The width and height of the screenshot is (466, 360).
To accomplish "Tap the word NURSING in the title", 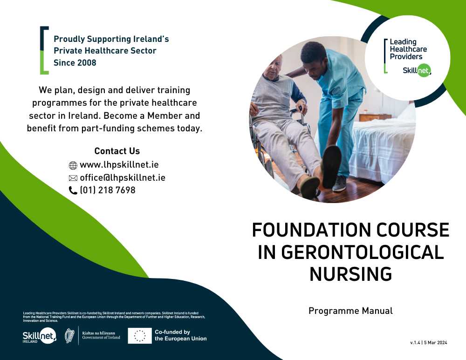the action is point(351,274).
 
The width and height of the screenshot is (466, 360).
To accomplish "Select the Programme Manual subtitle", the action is point(351,311).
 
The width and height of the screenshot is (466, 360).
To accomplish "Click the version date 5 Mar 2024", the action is point(435,342).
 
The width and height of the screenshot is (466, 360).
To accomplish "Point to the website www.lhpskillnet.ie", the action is point(119,164).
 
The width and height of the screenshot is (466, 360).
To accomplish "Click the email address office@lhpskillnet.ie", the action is point(123,177).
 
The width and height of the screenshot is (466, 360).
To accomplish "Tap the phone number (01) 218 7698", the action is point(108,190).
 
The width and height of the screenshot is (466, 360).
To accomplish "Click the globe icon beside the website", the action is point(73,165).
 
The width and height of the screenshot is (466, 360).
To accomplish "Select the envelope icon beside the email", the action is point(73,178).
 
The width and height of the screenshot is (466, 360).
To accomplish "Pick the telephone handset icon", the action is point(73,190).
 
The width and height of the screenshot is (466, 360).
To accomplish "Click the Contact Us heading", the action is point(117,151).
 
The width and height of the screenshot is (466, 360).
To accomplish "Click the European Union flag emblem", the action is point(139,336).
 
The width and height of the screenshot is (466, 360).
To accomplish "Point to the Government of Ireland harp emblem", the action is point(69,336).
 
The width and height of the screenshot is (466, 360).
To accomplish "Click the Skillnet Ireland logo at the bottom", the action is point(40,336).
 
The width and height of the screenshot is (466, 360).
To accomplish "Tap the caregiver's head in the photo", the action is point(314,60).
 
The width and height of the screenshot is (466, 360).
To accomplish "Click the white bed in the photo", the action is point(384,146).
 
